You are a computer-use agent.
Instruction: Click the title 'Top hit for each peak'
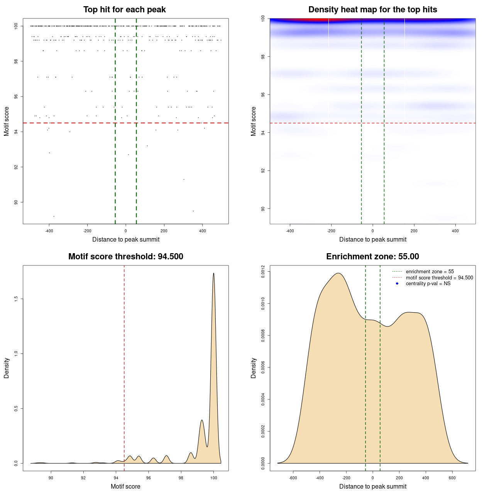tap(124, 10)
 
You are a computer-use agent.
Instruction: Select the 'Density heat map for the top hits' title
tap(372, 10)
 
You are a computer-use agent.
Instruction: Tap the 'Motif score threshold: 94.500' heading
tap(125, 257)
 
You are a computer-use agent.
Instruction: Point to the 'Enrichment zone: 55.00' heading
tap(372, 257)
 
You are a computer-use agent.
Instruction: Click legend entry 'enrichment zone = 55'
tap(430, 272)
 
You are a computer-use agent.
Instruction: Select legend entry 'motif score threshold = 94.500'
tap(439, 278)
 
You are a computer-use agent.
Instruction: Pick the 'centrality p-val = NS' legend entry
tap(428, 284)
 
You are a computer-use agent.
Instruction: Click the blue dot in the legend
tap(397, 284)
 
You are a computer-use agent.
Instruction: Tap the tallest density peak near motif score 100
tap(213, 274)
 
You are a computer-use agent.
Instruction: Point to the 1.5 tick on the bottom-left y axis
tap(16, 299)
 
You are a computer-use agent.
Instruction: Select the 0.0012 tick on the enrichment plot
tap(263, 272)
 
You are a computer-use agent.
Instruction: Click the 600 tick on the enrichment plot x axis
tap(452, 478)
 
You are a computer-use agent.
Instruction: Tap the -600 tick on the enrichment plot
tap(293, 478)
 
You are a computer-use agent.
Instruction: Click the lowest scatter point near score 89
tap(54, 216)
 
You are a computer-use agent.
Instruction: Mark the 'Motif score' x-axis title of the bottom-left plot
tap(125, 486)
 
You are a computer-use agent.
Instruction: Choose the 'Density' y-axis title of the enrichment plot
tap(254, 368)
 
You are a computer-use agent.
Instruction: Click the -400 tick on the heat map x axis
tap(290, 231)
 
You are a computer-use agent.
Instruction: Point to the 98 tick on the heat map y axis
tap(263, 57)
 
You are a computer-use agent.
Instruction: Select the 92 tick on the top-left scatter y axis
tap(16, 167)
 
